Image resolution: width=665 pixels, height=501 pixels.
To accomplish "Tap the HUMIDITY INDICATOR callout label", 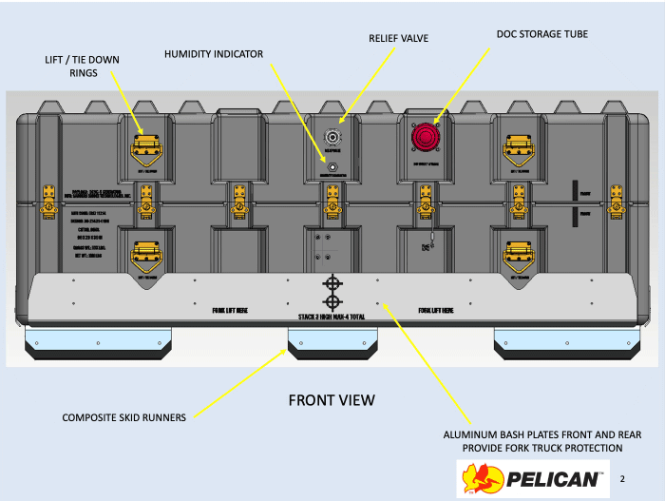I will pyautogui.click(x=213, y=54).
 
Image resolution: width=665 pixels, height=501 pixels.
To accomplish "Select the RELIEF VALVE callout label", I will pyautogui.click(x=398, y=38).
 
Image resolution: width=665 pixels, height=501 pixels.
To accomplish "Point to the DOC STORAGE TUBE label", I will pyautogui.click(x=541, y=33).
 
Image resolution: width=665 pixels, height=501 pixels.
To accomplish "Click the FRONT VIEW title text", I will pyautogui.click(x=332, y=400).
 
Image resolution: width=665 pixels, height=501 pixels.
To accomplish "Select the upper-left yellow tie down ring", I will pyautogui.click(x=144, y=145).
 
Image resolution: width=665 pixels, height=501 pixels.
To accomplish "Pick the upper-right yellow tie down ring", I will pyautogui.click(x=519, y=145).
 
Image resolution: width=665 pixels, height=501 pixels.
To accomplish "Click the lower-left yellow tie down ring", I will pyautogui.click(x=144, y=253).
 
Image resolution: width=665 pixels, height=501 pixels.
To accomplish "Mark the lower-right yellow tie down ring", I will pyautogui.click(x=519, y=253).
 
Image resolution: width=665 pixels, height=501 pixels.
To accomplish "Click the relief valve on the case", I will pyautogui.click(x=332, y=136).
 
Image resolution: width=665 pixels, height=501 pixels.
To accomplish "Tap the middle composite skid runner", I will pyautogui.click(x=332, y=344).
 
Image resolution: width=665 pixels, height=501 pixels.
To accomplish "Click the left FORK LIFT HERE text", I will pyautogui.click(x=231, y=310).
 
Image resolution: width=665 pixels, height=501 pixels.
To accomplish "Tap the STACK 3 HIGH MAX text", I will pyautogui.click(x=332, y=314).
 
